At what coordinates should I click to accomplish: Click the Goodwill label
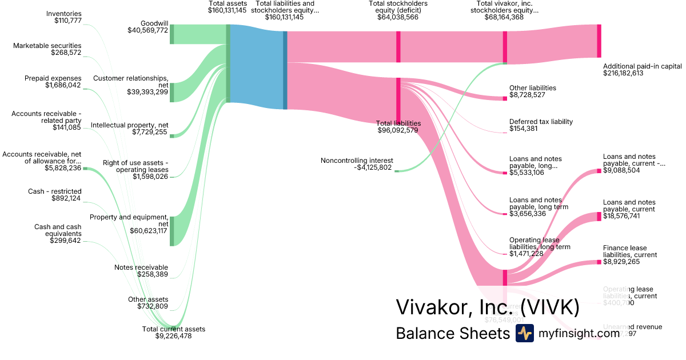point(154,23)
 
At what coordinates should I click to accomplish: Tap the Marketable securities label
point(47,46)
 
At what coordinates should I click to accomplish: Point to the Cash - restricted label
point(55,191)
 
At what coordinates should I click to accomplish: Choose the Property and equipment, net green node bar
point(171,231)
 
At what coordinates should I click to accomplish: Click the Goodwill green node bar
point(171,34)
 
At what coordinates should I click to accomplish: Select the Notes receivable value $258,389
point(153,274)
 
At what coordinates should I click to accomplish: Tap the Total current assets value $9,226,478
point(173,336)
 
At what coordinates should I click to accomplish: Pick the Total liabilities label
point(398,123)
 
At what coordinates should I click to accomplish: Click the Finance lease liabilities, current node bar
point(599,262)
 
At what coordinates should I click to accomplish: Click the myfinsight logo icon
point(524,333)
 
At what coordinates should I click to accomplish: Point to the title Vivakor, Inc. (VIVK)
point(488,307)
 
